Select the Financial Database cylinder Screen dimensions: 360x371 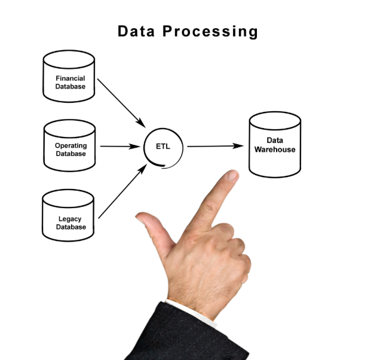click(x=69, y=77)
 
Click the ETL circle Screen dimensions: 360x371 click(x=163, y=147)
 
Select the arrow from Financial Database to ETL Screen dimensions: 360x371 click(x=121, y=102)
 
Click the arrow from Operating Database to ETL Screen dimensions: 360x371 click(x=119, y=146)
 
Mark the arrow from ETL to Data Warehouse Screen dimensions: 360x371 click(x=215, y=146)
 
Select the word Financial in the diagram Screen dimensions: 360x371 click(x=70, y=78)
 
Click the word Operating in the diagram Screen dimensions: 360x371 click(x=70, y=146)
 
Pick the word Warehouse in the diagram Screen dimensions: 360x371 click(x=275, y=150)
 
